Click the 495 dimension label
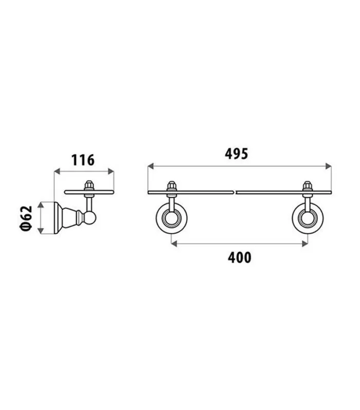[x=236, y=154]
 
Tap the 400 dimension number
[x=239, y=257]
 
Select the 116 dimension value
[x=83, y=160]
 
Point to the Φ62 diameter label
[x=26, y=218]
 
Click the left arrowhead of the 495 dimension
[x=151, y=166]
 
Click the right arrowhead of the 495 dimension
[x=328, y=166]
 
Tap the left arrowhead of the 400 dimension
[x=174, y=244]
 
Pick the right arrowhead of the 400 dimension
[x=305, y=244]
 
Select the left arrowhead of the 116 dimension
[x=57, y=172]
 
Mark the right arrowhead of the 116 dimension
[x=111, y=172]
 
